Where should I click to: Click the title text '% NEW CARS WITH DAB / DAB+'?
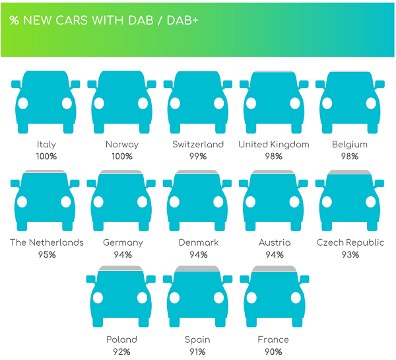pyautogui.click(x=104, y=20)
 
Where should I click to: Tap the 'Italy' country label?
pyautogui.click(x=46, y=145)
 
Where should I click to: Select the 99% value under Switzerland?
pyautogui.click(x=198, y=157)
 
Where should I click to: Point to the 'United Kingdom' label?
pyautogui.click(x=274, y=145)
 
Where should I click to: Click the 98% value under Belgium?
pyautogui.click(x=350, y=157)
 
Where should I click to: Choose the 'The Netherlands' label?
pyautogui.click(x=47, y=242)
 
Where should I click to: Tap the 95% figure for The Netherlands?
pyautogui.click(x=47, y=254)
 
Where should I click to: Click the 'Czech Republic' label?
pyautogui.click(x=350, y=242)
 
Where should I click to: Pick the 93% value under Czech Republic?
pyautogui.click(x=350, y=254)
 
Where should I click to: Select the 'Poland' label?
pyautogui.click(x=121, y=340)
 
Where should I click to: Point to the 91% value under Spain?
pyautogui.click(x=197, y=351)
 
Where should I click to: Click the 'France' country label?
pyautogui.click(x=273, y=340)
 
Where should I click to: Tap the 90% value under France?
pyautogui.click(x=273, y=351)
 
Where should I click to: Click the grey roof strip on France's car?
pyautogui.click(x=275, y=269)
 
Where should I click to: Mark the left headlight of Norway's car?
pyautogui.click(x=99, y=103)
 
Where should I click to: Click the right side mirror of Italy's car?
pyautogui.click(x=75, y=84)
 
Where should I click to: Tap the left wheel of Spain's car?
pyautogui.click(x=174, y=321)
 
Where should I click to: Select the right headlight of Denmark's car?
pyautogui.click(x=218, y=201)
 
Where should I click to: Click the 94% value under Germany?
pyautogui.click(x=123, y=254)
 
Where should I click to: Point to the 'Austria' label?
pyautogui.click(x=275, y=242)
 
